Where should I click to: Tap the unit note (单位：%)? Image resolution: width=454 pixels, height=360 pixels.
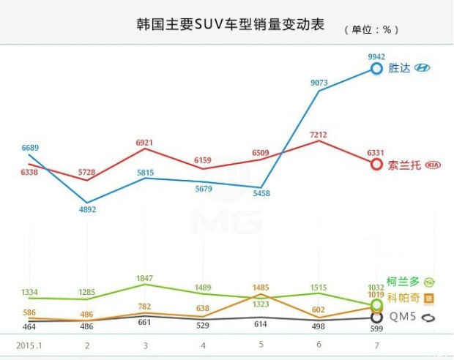[372, 30]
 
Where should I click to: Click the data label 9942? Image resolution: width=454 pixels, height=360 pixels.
[376, 56]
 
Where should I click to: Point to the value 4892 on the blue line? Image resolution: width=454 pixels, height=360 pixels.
[87, 209]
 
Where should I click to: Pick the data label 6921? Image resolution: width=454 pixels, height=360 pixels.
[145, 140]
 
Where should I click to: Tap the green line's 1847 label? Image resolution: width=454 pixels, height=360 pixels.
[145, 279]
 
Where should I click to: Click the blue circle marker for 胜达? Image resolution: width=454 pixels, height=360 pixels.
[376, 68]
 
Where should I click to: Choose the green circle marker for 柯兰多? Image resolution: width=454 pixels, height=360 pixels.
[376, 303]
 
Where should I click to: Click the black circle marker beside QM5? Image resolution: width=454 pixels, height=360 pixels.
[376, 318]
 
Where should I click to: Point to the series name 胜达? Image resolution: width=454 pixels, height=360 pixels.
[399, 68]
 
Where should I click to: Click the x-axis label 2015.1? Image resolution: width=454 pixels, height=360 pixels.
[29, 345]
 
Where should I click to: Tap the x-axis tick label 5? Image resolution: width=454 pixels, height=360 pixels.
[261, 345]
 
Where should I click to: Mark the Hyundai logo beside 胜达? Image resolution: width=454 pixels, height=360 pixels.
[423, 68]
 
